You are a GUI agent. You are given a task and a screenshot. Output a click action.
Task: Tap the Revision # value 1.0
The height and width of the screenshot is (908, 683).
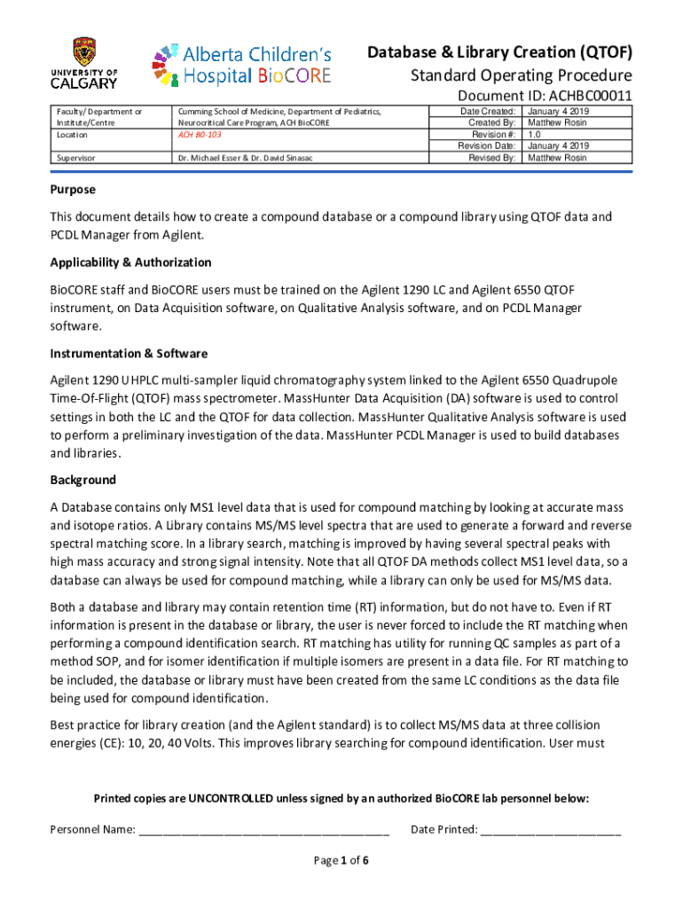[535, 135]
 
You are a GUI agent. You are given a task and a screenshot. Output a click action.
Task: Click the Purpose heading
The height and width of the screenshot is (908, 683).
[73, 190]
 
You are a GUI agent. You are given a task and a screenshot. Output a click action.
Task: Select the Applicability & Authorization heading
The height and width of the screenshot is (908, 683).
[130, 262]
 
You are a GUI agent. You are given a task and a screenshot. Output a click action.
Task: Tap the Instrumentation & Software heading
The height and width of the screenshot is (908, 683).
[129, 353]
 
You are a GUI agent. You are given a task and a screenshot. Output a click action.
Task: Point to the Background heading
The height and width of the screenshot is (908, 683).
[82, 480]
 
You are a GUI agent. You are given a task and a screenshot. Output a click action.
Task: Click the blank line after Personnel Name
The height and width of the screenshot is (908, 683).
[263, 831]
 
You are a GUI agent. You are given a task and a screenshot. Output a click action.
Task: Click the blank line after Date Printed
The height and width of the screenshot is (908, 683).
[550, 831]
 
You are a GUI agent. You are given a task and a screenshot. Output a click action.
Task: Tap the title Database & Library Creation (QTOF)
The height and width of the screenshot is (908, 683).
[499, 51]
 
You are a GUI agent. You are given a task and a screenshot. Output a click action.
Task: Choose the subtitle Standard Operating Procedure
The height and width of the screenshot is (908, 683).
[521, 74]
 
